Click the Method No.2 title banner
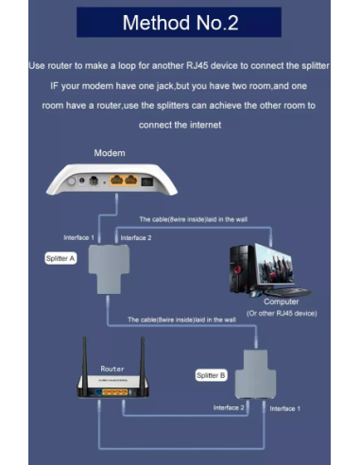pos(179,23)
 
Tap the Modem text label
pos(110,153)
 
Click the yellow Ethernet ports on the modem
pos(124,181)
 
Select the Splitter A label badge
pos(60,259)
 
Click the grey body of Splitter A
pos(109,268)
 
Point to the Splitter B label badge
pos(211,375)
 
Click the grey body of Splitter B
pos(255,374)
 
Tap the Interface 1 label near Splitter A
pos(78,238)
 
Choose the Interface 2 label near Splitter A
pos(136,238)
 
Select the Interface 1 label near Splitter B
pos(284,408)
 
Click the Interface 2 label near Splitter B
pos(229,407)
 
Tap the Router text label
pos(112,369)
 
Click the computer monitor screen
pos(274,265)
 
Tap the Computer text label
pos(282,301)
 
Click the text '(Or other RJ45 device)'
pos(282,314)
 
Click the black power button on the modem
pos(147,181)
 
